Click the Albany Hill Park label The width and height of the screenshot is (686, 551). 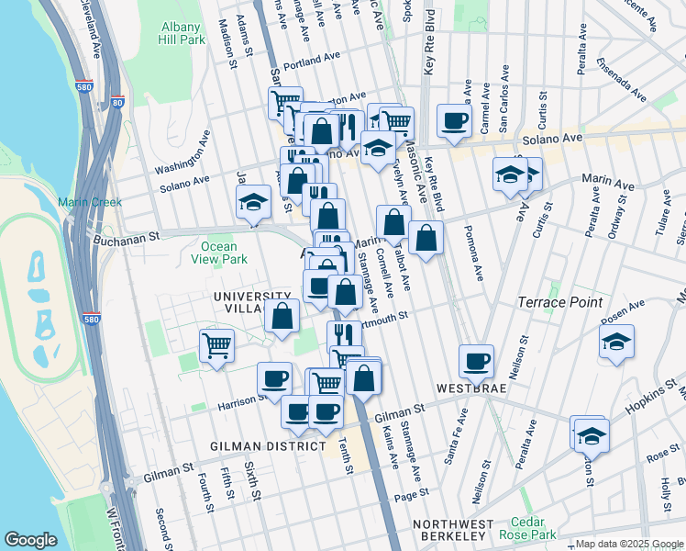tap(182, 34)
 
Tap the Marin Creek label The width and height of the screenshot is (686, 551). tap(89, 202)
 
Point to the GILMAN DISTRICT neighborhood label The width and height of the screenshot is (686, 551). tap(267, 445)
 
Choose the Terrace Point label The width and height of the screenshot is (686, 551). tap(559, 302)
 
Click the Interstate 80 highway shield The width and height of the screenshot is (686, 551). tap(117, 103)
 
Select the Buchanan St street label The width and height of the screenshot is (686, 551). tap(127, 237)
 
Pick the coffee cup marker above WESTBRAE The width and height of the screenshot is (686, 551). tap(476, 362)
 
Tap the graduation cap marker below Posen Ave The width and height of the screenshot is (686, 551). tap(617, 343)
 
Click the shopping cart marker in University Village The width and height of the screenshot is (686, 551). tap(217, 346)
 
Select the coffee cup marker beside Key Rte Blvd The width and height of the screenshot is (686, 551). tap(454, 120)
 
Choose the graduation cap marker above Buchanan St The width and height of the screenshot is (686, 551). tap(253, 203)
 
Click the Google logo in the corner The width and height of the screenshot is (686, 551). tap(30, 540)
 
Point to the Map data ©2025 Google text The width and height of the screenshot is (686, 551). tap(630, 544)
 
